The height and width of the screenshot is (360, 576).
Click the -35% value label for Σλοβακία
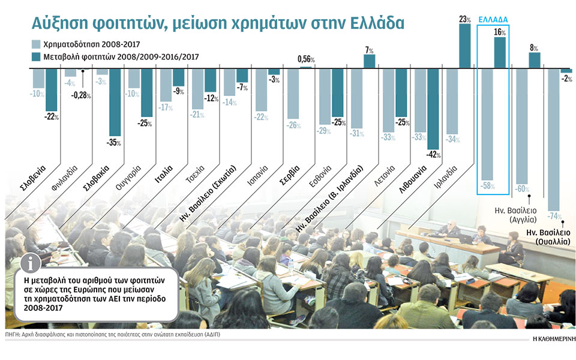point(115,143)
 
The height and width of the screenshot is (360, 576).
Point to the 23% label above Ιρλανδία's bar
point(465,19)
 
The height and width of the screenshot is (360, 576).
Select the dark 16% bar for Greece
point(500,53)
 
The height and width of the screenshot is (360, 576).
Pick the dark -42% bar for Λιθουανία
point(433,109)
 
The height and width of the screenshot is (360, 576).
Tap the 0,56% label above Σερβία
point(306,59)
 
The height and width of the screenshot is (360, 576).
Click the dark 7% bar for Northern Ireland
point(369,61)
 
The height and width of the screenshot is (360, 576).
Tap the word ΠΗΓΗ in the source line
point(12,334)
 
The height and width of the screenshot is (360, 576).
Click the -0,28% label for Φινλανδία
point(83,95)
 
